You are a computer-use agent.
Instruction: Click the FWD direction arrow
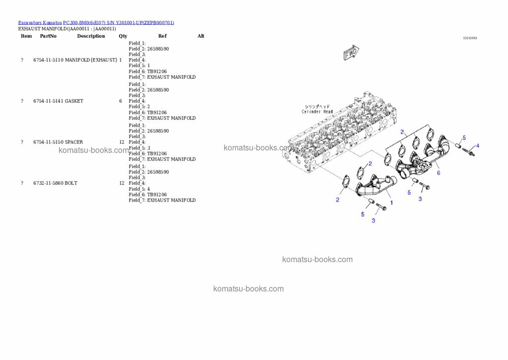pos(351,53)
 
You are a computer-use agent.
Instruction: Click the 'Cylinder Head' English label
pos(317,112)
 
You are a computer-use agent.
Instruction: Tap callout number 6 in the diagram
pos(439,173)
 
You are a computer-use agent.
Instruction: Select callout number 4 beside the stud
pos(478,146)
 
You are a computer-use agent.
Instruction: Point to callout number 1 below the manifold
pos(391,203)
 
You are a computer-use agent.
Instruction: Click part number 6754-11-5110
pos(48,60)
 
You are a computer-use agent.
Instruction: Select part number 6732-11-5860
pos(48,183)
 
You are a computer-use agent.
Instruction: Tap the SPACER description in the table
pos(74,142)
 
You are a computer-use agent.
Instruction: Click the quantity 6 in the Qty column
pos(121,101)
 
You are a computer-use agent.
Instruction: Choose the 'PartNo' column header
pos(48,36)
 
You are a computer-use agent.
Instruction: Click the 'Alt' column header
pos(200,36)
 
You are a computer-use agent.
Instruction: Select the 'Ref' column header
pos(162,36)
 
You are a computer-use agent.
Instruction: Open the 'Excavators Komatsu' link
pos(40,23)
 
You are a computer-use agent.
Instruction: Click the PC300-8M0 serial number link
pos(119,23)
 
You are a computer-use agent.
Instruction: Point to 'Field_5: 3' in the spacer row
pos(139,148)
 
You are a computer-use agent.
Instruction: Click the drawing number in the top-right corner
pos(469,38)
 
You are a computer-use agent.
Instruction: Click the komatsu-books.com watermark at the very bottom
pos(249,289)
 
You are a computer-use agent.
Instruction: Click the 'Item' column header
pos(26,36)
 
